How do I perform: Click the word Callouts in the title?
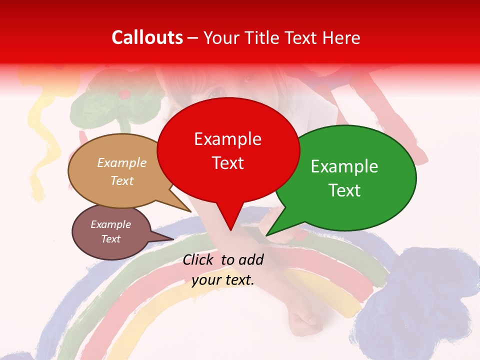[x=147, y=38]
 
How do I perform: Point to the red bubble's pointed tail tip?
[x=230, y=229]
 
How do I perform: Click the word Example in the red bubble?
[x=228, y=139]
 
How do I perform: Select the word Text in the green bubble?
[x=345, y=190]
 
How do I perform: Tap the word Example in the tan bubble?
[x=122, y=162]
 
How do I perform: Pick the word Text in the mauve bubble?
[x=111, y=239]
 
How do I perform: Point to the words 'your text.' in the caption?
[x=223, y=280]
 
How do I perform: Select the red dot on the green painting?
[x=125, y=93]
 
